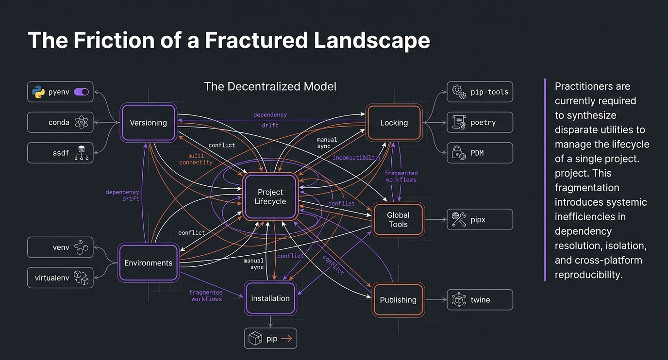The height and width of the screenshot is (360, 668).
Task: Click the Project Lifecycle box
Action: click(x=270, y=197)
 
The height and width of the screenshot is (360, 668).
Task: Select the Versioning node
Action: click(x=148, y=123)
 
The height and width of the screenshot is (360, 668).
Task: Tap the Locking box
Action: click(x=394, y=123)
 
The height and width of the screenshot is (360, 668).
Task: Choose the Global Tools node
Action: click(x=398, y=220)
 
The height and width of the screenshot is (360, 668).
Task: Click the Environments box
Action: click(x=148, y=263)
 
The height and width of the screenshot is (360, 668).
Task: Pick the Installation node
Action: click(x=270, y=298)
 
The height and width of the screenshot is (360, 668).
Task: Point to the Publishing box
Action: click(x=398, y=300)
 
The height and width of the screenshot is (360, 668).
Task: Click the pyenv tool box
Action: click(x=60, y=92)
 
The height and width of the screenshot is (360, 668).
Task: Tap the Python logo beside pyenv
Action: click(x=38, y=92)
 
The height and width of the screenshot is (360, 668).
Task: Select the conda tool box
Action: click(x=60, y=122)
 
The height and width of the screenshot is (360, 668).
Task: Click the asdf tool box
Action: click(x=60, y=153)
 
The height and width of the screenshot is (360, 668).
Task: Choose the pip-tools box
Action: click(x=480, y=92)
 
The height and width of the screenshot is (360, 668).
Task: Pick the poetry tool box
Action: click(x=480, y=122)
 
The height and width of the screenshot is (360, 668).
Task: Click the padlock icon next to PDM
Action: click(x=458, y=153)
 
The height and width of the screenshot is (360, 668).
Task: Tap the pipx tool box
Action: click(x=480, y=220)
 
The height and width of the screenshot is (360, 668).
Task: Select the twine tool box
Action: click(x=480, y=300)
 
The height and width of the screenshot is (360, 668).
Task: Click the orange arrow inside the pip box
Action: click(x=286, y=339)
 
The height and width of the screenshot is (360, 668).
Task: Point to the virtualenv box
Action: click(x=60, y=278)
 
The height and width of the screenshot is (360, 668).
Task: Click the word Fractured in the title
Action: click(x=256, y=40)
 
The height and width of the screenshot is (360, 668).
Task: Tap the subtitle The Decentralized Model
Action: click(x=270, y=86)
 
